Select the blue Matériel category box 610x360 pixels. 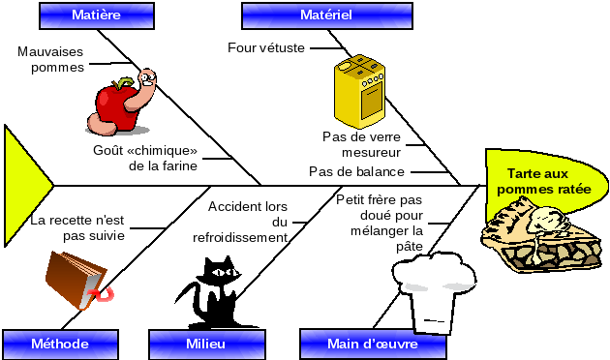point(326,15)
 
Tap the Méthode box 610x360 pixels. point(60,344)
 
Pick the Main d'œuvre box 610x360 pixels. point(373,344)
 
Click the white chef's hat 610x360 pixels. point(440,291)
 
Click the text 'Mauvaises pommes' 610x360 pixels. point(51,60)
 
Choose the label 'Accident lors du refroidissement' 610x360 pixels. point(248,222)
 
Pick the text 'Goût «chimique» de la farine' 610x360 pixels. point(144,158)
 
